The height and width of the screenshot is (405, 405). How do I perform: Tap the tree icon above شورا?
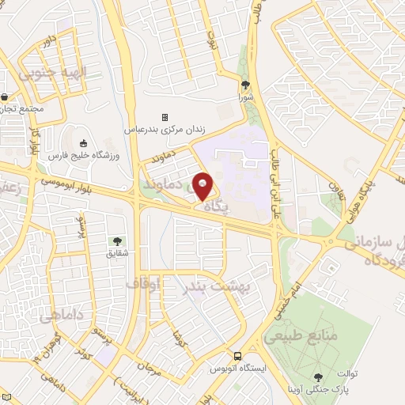[x=246, y=85]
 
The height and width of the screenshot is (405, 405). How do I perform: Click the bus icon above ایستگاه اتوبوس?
[x=237, y=356]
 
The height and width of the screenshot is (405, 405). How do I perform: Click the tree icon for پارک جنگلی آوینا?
[x=318, y=377]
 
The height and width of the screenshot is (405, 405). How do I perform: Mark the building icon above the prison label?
[x=165, y=117]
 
